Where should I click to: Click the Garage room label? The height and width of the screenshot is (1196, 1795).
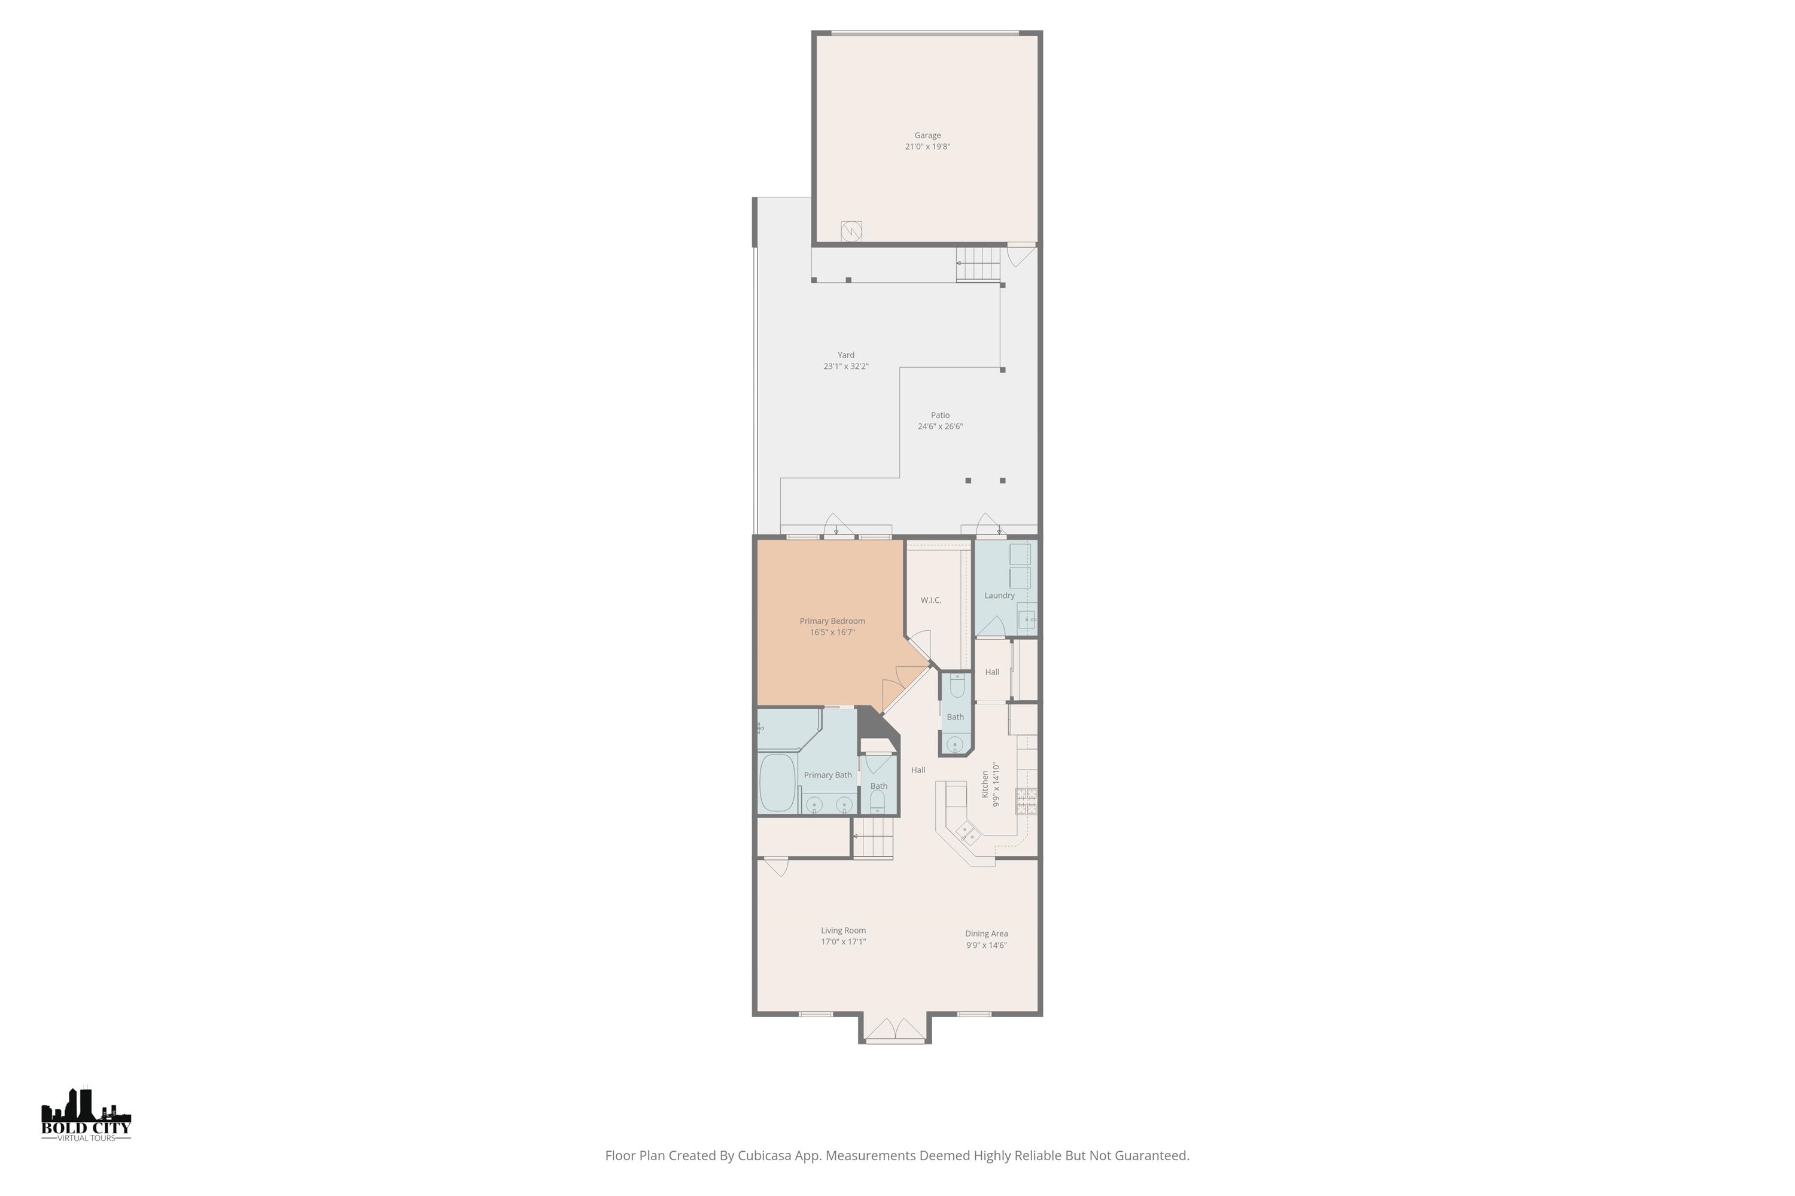click(x=927, y=136)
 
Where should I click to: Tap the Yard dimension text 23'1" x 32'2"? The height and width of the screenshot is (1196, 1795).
click(x=845, y=366)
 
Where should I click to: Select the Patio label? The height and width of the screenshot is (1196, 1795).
click(x=940, y=415)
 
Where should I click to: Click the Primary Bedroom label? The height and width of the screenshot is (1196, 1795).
click(x=832, y=621)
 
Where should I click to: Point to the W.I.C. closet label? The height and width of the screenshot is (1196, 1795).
click(x=930, y=600)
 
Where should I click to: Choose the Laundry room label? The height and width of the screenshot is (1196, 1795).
click(x=999, y=596)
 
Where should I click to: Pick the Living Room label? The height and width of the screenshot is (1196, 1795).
click(x=843, y=930)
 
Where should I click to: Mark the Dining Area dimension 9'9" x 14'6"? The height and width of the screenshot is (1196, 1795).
click(x=986, y=945)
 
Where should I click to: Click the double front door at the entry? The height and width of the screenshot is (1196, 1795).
click(x=895, y=1030)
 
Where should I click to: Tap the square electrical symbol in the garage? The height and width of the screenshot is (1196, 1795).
click(x=851, y=231)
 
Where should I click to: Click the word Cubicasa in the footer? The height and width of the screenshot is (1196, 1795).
click(x=765, y=1155)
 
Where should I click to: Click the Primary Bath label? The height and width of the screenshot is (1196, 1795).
click(x=827, y=775)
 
